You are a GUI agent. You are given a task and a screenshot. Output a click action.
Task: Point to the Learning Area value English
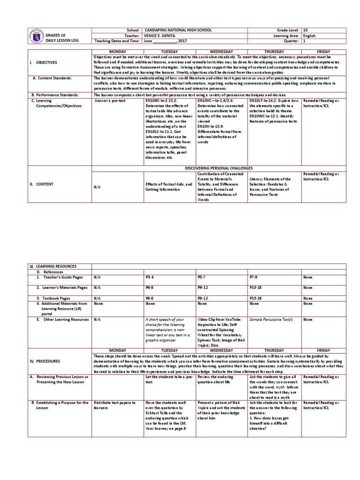[309, 36]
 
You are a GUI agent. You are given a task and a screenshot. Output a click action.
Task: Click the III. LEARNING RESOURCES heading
[53, 266]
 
